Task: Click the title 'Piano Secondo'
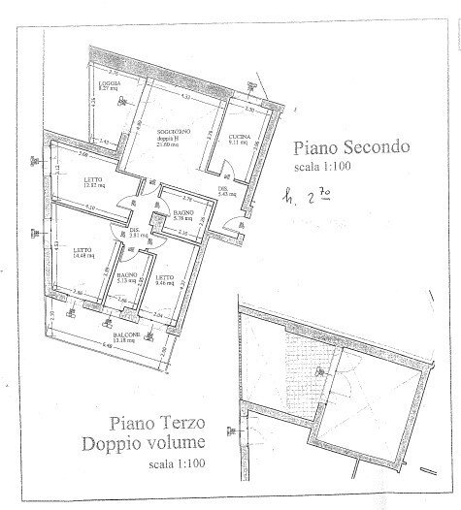click(x=352, y=148)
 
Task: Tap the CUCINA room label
click(x=238, y=136)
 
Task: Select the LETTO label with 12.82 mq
click(x=93, y=179)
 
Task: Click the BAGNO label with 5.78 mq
click(x=182, y=212)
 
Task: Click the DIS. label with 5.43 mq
click(x=222, y=190)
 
